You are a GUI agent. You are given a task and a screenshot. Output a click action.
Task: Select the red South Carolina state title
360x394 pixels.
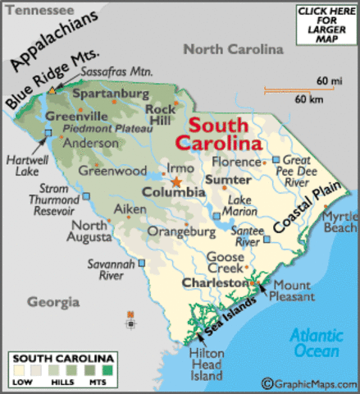click(x=226, y=135)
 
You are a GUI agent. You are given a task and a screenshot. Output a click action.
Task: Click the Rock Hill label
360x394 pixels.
click(x=162, y=114)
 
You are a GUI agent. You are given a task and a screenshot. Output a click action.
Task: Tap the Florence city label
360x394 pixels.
click(x=236, y=162)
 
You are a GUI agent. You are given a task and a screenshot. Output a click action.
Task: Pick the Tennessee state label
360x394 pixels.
click(x=34, y=9)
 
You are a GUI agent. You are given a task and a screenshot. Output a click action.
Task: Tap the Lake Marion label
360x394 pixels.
click(x=240, y=206)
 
